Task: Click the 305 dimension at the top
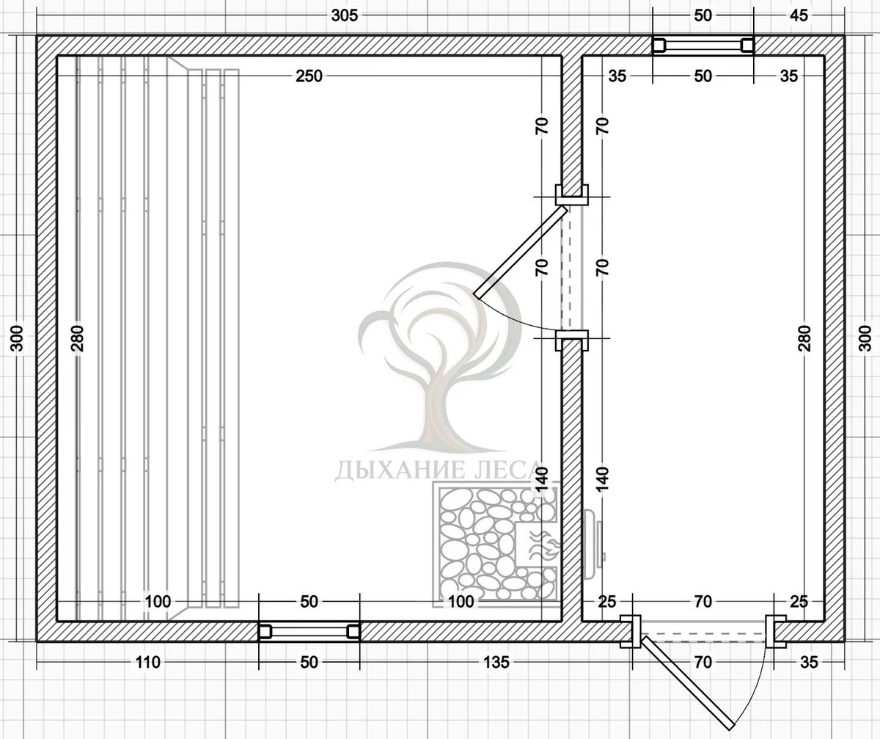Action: coord(345,15)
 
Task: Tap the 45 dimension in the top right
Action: coord(799,15)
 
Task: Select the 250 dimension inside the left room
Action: coord(309,76)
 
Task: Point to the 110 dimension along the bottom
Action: coord(148,663)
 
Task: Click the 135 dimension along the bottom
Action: coord(496,663)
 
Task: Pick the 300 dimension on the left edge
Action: coord(17,338)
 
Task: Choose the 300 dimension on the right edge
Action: coord(865,338)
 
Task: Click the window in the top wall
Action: coord(703,45)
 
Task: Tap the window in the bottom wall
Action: coord(309,631)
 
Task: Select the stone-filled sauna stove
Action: coord(497,544)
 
